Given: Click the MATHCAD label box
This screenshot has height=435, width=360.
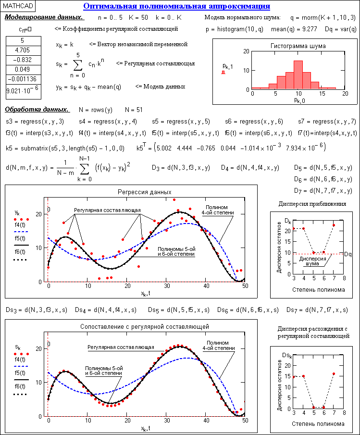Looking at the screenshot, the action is click(18, 6).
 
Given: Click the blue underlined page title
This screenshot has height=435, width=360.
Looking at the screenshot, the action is click(177, 6).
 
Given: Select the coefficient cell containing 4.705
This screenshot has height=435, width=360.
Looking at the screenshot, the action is click(24, 50).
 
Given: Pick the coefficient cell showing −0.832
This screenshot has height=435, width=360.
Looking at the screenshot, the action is click(24, 60).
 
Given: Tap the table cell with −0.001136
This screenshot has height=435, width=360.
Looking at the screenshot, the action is click(24, 79).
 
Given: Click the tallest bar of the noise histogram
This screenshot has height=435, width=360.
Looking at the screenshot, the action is click(298, 75).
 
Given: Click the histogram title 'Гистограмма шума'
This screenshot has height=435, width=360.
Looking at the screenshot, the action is click(298, 46).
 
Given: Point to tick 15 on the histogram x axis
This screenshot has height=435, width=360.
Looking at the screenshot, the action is click(322, 94).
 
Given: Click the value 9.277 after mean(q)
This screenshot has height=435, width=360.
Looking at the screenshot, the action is click(309, 29).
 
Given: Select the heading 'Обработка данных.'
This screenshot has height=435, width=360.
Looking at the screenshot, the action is click(37, 110).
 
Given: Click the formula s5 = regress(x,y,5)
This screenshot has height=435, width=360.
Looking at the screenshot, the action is click(181, 122).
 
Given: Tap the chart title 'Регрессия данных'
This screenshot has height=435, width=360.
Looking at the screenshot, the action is click(145, 192).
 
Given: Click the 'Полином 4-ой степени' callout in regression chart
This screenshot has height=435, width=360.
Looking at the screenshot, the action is click(218, 210).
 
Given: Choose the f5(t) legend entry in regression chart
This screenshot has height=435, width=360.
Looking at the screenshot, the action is click(20, 238).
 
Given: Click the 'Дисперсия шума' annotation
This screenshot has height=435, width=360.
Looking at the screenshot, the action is click(312, 261).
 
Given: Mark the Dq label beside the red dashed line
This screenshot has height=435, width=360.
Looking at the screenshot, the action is click(348, 254).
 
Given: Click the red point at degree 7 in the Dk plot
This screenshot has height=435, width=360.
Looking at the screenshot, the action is click(334, 225).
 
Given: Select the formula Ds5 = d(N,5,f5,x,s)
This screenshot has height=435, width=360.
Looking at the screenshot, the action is click(179, 310).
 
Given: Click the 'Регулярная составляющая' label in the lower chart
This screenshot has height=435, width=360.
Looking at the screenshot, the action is click(121, 347).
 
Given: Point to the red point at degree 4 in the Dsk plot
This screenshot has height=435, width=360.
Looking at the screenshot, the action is click(304, 376).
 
